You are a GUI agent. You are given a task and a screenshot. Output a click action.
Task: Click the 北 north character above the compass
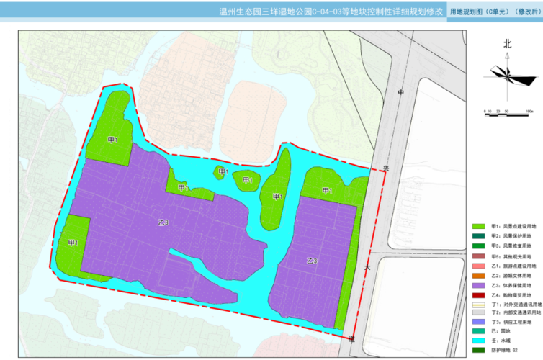click(x=507, y=44)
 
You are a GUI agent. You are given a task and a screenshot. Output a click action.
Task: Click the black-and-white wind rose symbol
click(x=507, y=72)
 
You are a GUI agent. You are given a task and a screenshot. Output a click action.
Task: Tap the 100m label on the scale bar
click(x=529, y=112)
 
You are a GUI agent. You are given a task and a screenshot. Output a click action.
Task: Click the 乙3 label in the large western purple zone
click(x=163, y=222)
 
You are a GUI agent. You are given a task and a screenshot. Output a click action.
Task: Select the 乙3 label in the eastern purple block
click(x=312, y=259)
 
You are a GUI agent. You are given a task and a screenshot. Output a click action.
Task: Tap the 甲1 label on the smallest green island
click(x=223, y=171)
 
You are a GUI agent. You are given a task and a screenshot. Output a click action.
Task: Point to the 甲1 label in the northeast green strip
click(x=327, y=190)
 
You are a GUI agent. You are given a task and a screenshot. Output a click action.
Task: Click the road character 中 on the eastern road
click(x=402, y=94)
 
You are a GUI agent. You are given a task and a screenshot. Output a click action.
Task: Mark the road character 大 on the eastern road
click(x=367, y=268)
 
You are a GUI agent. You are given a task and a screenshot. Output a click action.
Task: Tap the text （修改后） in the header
click(x=524, y=12)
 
